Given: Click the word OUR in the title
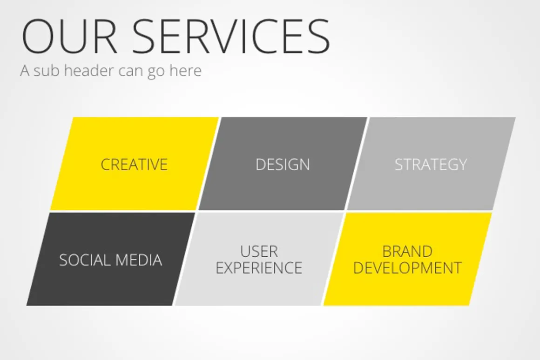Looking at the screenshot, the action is click(69, 36).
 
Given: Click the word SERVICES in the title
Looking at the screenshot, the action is click(231, 36).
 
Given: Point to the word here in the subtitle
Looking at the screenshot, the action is click(185, 71).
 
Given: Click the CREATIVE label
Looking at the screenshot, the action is click(134, 165).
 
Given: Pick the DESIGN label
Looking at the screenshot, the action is click(283, 165).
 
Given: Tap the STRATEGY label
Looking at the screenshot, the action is click(431, 165).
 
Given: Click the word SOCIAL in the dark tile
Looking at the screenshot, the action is click(85, 260).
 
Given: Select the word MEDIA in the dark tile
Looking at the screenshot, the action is click(139, 260).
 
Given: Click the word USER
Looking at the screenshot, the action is click(259, 251).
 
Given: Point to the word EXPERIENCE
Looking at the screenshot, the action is click(259, 268).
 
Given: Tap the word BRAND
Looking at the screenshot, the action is click(407, 251).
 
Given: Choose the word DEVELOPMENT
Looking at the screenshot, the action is click(407, 268).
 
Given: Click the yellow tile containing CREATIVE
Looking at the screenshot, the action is click(135, 163).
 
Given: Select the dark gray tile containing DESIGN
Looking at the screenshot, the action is click(283, 163).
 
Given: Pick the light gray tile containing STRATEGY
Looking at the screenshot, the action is click(431, 163).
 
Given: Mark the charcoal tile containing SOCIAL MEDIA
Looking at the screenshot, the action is click(111, 259).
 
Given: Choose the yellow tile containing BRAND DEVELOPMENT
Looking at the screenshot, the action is click(407, 259).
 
